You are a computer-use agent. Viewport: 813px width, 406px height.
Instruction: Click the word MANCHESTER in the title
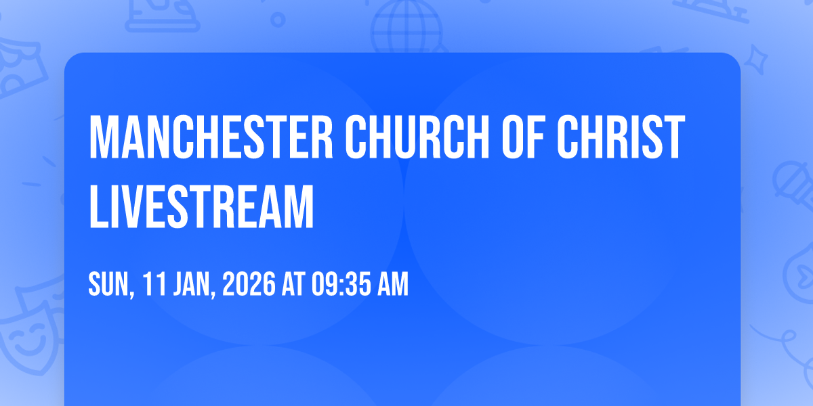point(211,137)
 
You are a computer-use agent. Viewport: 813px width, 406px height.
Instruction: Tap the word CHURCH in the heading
point(417,137)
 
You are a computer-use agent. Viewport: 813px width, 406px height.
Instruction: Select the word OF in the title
point(523,137)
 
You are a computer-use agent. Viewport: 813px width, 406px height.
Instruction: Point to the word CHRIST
point(621,137)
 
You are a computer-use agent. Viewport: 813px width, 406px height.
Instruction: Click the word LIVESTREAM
point(201,206)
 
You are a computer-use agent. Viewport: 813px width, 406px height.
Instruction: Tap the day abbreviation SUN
point(110,285)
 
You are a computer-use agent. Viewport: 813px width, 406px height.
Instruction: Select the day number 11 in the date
point(154,284)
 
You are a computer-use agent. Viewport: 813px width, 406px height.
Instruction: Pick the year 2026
point(249,284)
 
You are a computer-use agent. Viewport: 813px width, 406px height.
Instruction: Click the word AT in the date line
point(294,284)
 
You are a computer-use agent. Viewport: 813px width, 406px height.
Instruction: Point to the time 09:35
point(341,284)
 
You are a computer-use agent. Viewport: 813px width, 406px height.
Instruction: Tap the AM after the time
point(393,284)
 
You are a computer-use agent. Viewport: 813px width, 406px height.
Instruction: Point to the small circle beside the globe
point(278,20)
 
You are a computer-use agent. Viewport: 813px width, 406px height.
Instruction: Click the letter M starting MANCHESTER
point(104,137)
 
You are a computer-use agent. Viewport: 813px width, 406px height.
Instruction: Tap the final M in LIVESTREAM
point(297,206)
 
